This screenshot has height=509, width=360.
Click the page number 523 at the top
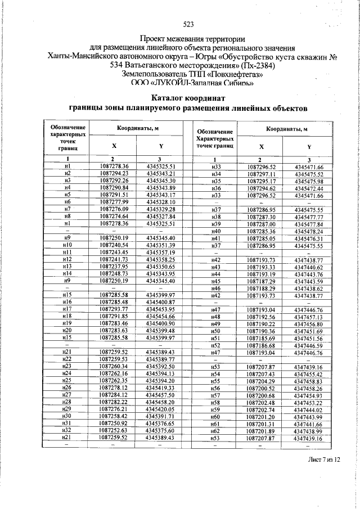[x=188, y=24]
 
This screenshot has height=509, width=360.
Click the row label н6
[x=67, y=201]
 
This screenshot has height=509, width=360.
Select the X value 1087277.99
[x=114, y=201]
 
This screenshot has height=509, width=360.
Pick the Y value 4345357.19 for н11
[x=161, y=251]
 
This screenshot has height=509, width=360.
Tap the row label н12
[x=67, y=259]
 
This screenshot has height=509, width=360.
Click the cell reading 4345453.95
[x=161, y=309]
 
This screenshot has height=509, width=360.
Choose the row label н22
[x=67, y=359]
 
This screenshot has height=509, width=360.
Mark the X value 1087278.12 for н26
[x=114, y=388]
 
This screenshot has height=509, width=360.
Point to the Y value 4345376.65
[x=161, y=423]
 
